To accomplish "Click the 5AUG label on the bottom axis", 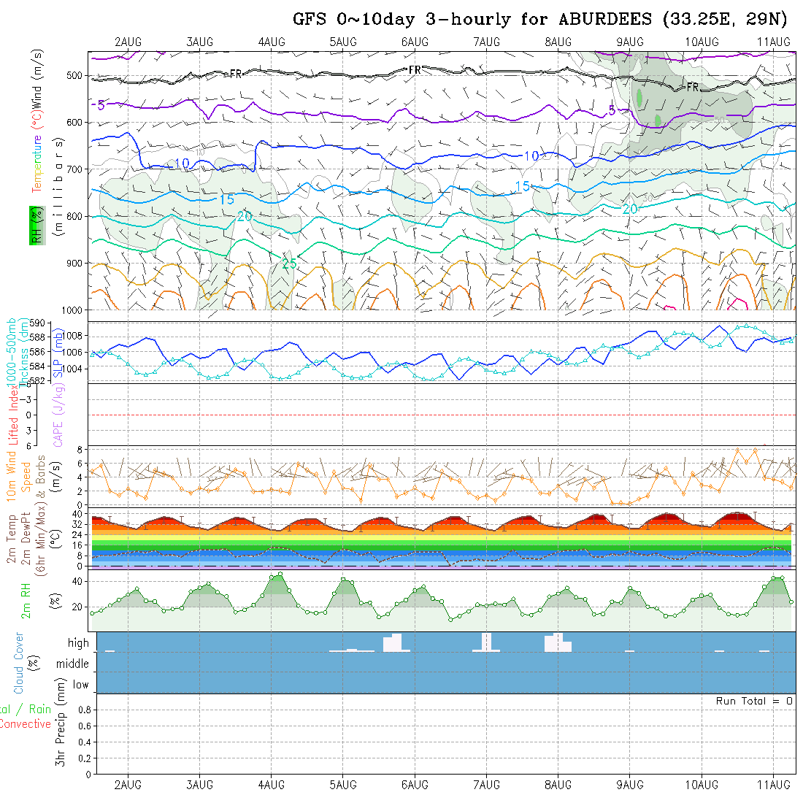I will pyautogui.click(x=342, y=785).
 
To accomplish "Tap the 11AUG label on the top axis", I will pyautogui.click(x=774, y=42).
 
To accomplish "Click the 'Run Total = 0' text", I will pyautogui.click(x=754, y=701).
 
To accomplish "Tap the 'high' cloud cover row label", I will pyautogui.click(x=78, y=643).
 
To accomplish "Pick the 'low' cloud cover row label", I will pyautogui.click(x=80, y=685).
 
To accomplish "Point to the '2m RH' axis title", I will pyautogui.click(x=26, y=599).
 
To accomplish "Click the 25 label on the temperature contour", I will pyautogui.click(x=289, y=264).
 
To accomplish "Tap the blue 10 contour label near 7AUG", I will pyautogui.click(x=531, y=156).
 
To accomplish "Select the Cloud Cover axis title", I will pyautogui.click(x=19, y=664).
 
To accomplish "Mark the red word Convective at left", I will pyautogui.click(x=25, y=724).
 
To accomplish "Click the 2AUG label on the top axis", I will pyautogui.click(x=128, y=42).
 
